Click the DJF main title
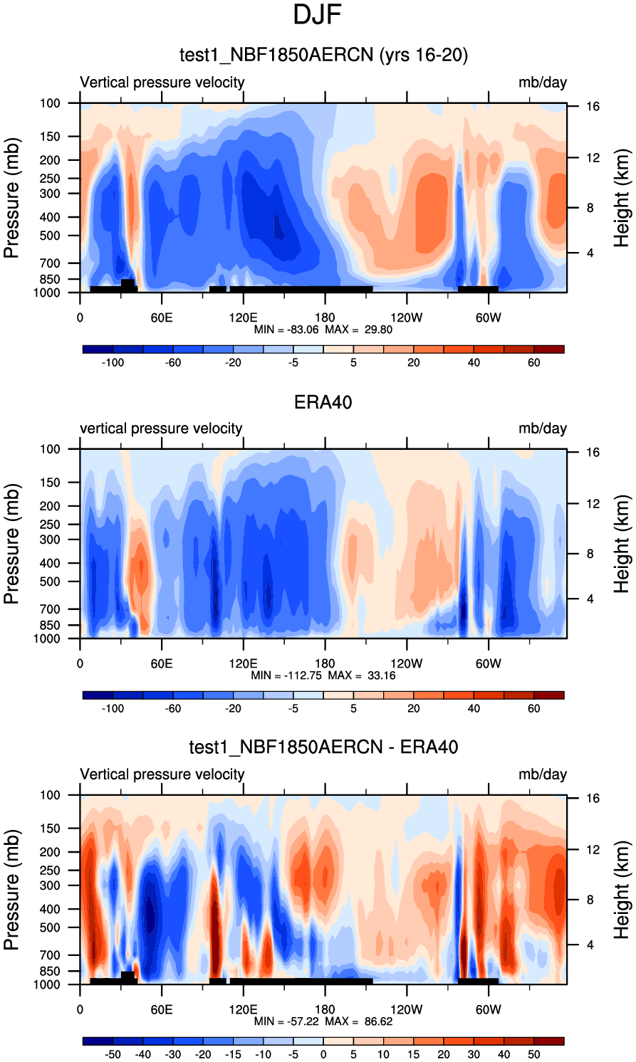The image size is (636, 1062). [318, 15]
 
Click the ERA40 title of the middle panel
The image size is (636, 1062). [323, 402]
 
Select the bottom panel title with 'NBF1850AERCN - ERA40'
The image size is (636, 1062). [323, 747]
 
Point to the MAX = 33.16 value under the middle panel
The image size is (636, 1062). [361, 675]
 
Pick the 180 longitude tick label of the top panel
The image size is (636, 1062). [325, 317]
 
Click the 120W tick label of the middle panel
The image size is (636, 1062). [406, 663]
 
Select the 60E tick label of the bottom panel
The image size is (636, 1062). [162, 1009]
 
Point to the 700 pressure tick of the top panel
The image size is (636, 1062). [50, 264]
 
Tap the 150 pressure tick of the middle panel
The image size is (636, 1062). [50, 483]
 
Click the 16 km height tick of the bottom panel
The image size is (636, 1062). [593, 799]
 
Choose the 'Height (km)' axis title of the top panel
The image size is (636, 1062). [622, 199]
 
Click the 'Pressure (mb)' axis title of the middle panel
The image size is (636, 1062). [11, 545]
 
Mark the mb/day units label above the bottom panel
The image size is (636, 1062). [543, 774]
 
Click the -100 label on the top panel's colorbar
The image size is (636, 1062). [113, 362]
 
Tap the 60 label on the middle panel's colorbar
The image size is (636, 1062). [534, 708]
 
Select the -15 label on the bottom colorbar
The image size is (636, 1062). [233, 1054]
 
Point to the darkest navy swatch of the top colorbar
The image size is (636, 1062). [98, 349]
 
